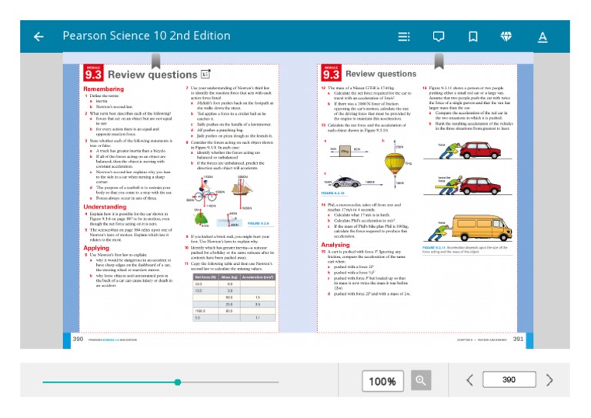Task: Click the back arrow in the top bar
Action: [38, 36]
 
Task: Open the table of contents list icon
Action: [404, 36]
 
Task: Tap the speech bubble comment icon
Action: [439, 36]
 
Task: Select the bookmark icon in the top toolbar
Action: [472, 36]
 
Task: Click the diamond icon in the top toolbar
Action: [506, 36]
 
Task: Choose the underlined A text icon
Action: [543, 36]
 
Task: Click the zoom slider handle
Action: [178, 382]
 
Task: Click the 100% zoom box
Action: [382, 381]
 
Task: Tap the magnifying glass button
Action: [420, 380]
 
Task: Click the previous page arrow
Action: [469, 380]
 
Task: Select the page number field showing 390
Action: [509, 380]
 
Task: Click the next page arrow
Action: [549, 380]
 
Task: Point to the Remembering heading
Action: [103, 89]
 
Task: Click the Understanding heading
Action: [105, 207]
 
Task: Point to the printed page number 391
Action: [518, 338]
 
